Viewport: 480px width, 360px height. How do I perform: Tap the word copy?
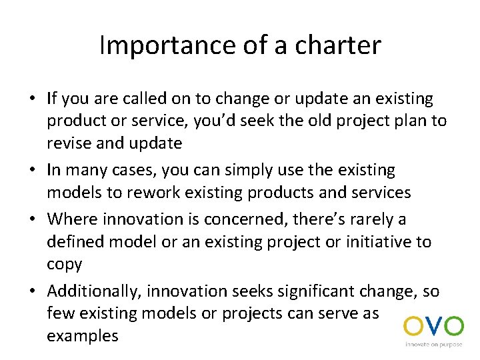click(64, 264)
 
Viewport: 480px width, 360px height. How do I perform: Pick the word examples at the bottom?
click(82, 335)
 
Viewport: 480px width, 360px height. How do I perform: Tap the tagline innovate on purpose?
click(434, 345)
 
